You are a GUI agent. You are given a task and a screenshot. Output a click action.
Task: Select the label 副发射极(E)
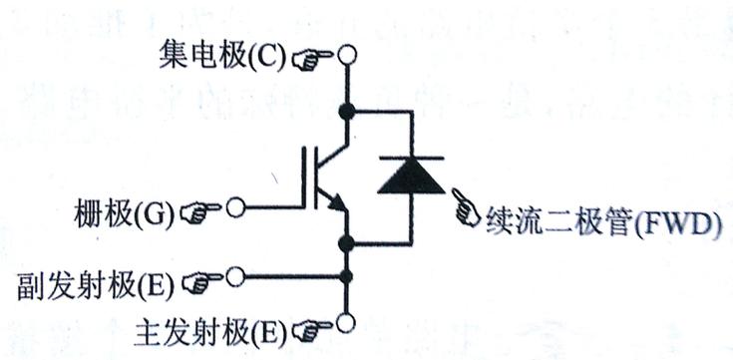[96, 284]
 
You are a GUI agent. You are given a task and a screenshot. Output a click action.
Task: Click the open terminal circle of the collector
[347, 56]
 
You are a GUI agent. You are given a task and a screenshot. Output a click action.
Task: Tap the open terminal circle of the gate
[236, 208]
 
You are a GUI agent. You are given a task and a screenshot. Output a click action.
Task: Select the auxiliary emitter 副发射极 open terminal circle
[236, 276]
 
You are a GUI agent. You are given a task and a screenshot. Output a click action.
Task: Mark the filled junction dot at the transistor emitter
[347, 242]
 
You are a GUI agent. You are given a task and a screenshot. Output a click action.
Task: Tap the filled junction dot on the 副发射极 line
[347, 276]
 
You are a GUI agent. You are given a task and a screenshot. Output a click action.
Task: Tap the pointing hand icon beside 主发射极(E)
[313, 327]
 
